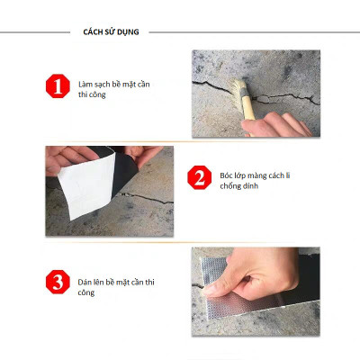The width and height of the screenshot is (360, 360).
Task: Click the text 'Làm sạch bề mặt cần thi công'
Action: [x=113, y=88]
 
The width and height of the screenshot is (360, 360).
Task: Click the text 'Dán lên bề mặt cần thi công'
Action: [x=114, y=286]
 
